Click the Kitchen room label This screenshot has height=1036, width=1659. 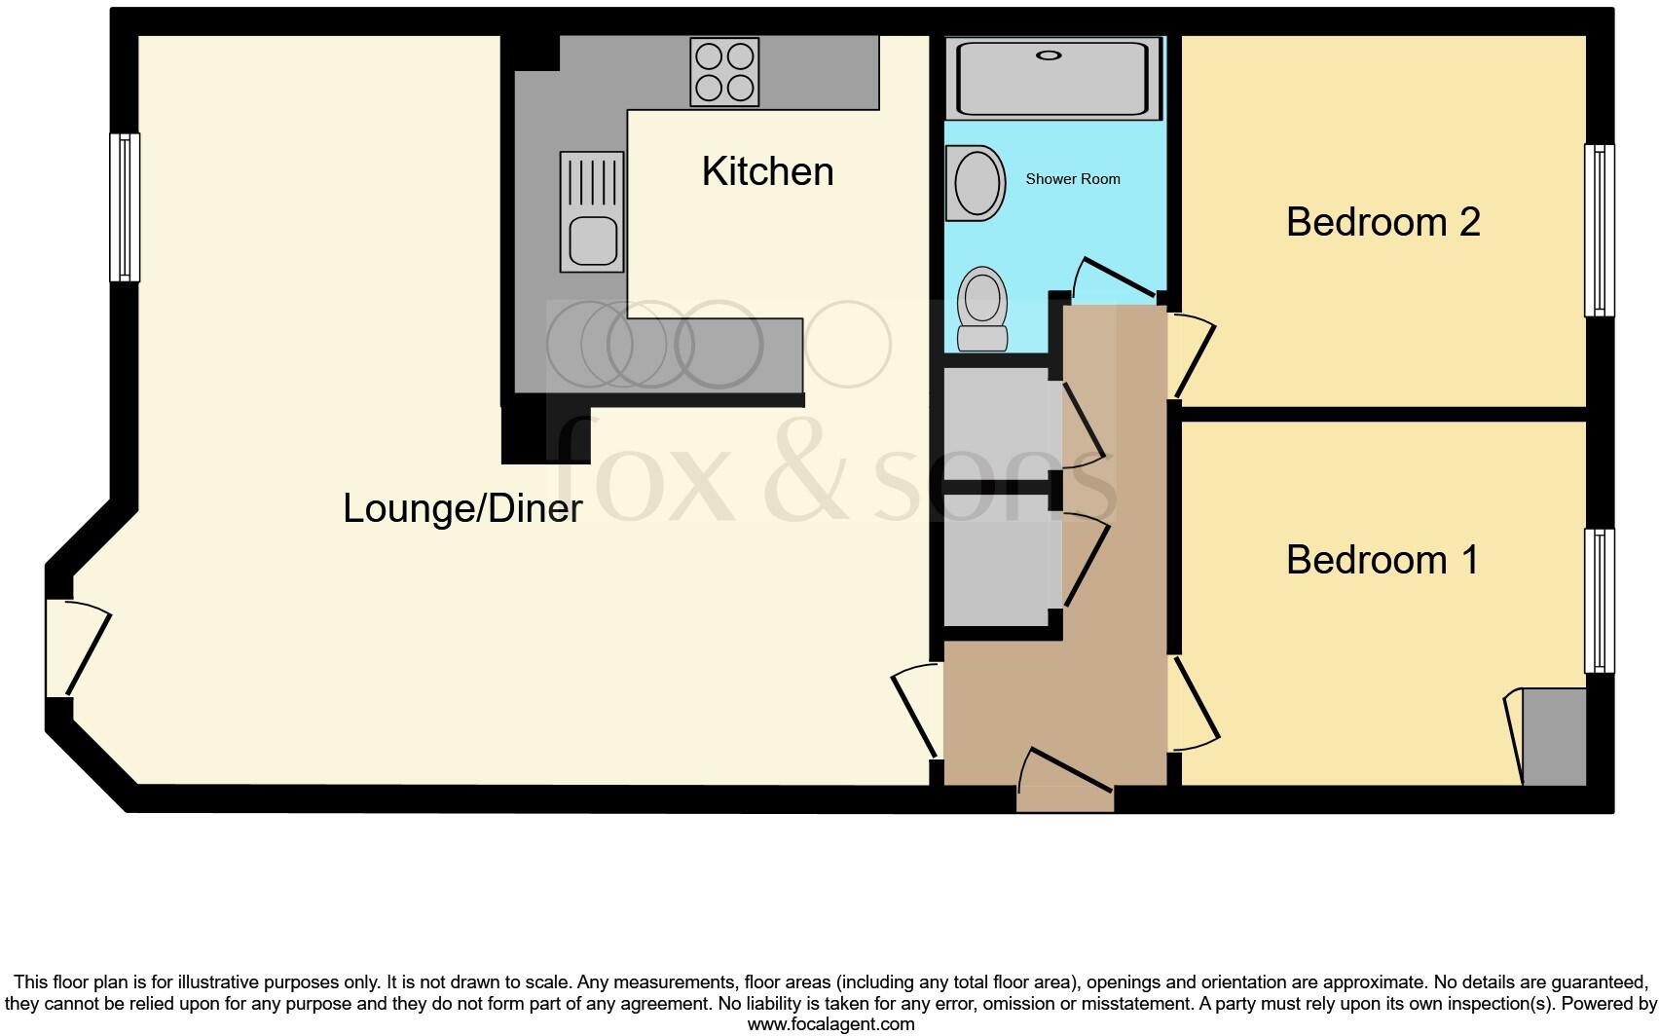767,171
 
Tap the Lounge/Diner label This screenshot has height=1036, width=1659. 462,508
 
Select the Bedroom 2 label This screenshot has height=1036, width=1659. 1382,222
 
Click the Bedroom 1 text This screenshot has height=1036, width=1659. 1382,560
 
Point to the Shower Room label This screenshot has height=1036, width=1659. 1073,179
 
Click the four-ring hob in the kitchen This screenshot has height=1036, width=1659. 723,72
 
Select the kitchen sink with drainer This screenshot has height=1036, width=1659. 592,211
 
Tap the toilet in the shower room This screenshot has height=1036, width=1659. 981,309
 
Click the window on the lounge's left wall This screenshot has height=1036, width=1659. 125,207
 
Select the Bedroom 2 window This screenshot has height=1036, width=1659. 1599,231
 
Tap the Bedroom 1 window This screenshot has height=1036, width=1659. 1599,601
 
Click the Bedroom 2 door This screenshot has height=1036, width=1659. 1193,355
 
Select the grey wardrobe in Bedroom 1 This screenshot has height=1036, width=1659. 1554,737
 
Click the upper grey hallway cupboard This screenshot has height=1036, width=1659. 995,424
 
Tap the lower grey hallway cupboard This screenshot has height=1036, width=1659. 995,560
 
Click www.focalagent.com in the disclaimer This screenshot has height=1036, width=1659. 830,1023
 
